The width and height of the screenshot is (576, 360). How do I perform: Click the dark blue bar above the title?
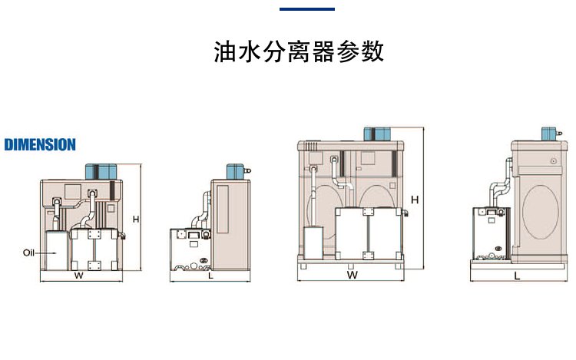point(306,8)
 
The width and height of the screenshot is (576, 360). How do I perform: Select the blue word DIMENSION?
point(40,144)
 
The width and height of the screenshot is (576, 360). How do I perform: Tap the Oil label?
point(29,252)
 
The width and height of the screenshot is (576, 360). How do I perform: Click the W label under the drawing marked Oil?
point(78,276)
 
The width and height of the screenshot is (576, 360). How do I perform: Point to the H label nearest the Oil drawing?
point(135,219)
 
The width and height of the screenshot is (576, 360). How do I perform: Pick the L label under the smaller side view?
point(210,276)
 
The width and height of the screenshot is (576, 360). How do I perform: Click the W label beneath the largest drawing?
point(352,274)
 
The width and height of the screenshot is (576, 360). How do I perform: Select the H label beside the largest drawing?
point(414,200)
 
